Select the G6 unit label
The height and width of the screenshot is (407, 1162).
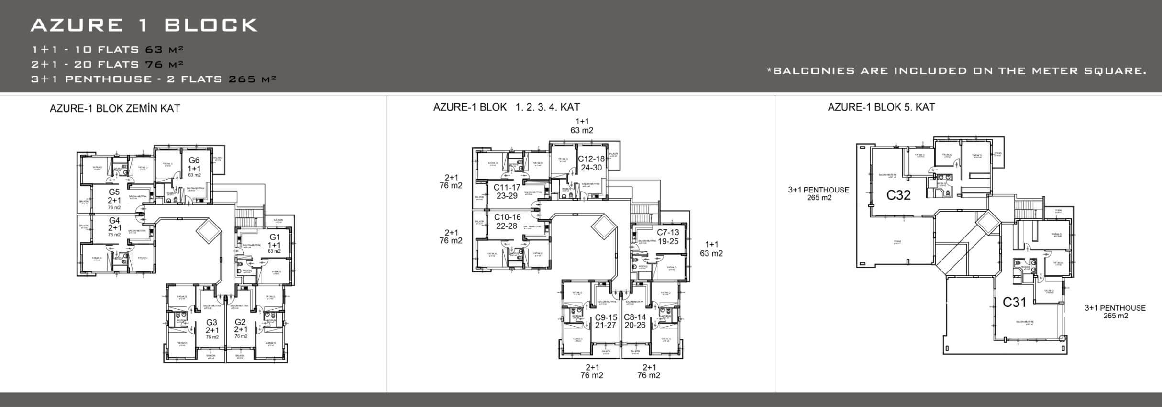[194, 160]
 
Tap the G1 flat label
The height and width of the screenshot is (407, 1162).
[275, 237]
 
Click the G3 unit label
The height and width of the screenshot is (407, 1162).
[212, 322]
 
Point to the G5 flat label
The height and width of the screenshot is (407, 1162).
[114, 192]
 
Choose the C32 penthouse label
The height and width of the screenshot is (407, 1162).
[898, 195]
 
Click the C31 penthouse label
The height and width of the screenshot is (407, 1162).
[1014, 302]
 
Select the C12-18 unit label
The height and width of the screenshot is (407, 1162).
[591, 159]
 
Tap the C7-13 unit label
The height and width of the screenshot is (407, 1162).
[668, 232]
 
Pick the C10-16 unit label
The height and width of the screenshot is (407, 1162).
[507, 217]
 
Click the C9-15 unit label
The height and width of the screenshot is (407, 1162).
[606, 317]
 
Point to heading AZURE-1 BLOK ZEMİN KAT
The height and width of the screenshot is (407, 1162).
[115, 108]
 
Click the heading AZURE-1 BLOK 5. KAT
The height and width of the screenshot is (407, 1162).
[881, 107]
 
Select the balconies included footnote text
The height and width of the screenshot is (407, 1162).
[957, 71]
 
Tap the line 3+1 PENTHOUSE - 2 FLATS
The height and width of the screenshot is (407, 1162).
[153, 79]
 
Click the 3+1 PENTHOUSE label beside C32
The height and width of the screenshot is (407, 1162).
[819, 190]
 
